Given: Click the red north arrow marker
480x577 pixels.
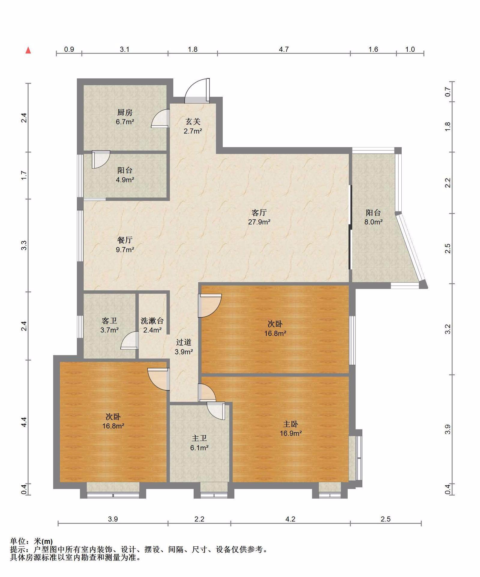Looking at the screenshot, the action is click(28, 50).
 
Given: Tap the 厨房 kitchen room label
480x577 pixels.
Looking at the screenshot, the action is click(125, 112).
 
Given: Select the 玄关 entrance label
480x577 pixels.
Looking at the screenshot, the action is click(193, 121).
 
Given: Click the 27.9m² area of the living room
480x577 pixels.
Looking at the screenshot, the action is click(259, 222).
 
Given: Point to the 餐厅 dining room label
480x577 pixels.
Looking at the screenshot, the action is click(125, 240).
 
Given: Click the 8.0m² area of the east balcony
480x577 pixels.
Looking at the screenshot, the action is click(373, 222).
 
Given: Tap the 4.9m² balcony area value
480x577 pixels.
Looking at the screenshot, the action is click(125, 180).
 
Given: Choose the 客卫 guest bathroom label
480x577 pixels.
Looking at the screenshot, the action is click(109, 321).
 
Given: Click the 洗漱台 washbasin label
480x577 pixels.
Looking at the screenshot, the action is click(152, 321).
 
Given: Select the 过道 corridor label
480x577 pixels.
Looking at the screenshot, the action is click(184, 342).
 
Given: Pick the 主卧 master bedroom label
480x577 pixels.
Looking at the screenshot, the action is click(291, 424).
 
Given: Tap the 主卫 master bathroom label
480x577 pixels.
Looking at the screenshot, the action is click(199, 438).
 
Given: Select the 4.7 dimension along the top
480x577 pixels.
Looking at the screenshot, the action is click(284, 49).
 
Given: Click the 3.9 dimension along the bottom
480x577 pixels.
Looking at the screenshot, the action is click(113, 519).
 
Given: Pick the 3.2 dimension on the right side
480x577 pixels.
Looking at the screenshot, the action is click(448, 329).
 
